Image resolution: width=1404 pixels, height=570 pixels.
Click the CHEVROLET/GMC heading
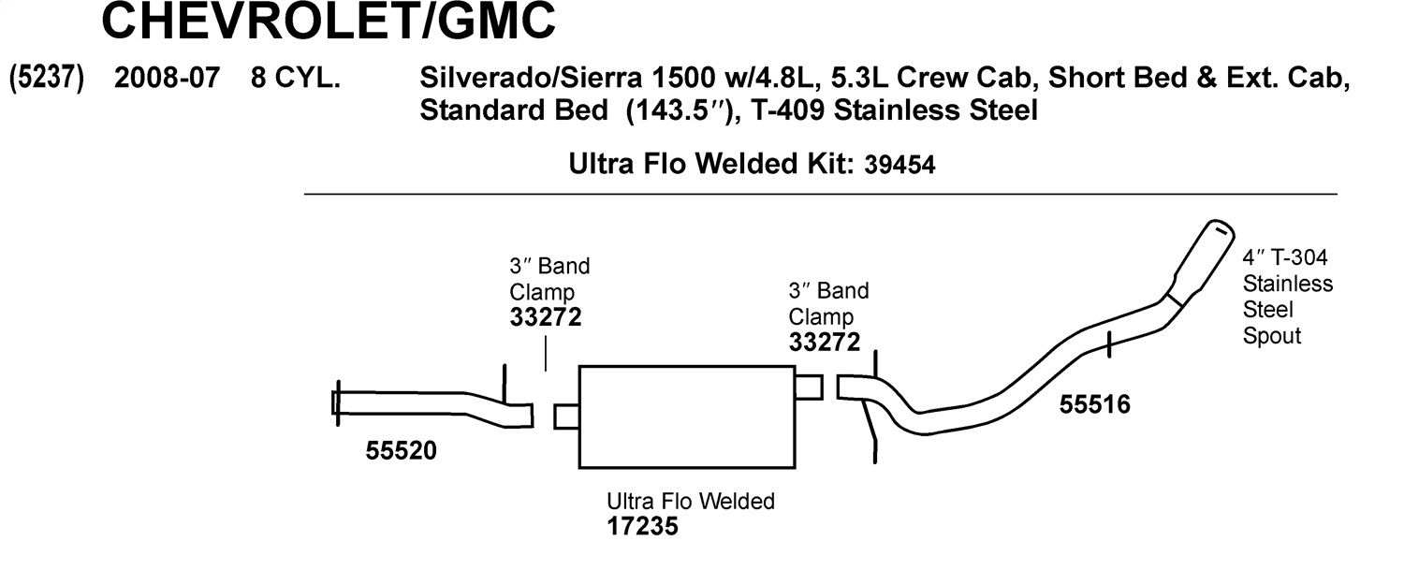[x=329, y=20]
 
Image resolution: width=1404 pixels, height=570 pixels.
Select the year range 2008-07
[x=167, y=78]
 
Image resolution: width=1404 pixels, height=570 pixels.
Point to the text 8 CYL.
[x=295, y=78]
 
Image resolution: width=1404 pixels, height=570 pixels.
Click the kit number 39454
[x=899, y=165]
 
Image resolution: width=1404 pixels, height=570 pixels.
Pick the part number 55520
[x=402, y=451]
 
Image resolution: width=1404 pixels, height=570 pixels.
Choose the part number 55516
[x=1095, y=404]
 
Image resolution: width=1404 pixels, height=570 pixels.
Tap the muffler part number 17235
[x=642, y=526]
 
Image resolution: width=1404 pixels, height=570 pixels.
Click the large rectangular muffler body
[x=687, y=417]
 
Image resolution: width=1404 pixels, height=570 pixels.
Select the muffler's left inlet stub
[x=566, y=417]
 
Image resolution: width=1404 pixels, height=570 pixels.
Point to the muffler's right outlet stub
[x=809, y=387]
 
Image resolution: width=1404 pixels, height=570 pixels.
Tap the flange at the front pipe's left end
[x=336, y=403]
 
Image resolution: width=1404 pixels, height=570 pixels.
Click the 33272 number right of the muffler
[x=825, y=343]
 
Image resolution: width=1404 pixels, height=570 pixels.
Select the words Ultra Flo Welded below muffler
[x=691, y=501]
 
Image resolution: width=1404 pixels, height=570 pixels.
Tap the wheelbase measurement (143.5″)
[x=680, y=111]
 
